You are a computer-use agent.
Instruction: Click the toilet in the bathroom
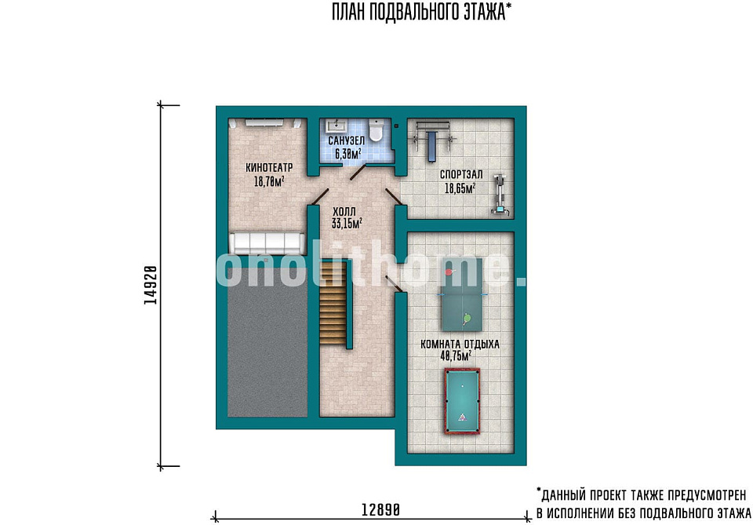pyautogui.click(x=376, y=130)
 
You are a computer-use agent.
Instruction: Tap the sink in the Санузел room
pyautogui.click(x=335, y=126)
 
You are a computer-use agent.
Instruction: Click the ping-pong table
pyautogui.click(x=462, y=294)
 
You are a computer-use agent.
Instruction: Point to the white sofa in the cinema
pyautogui.click(x=267, y=243)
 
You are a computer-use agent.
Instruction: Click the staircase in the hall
pyautogui.click(x=333, y=301)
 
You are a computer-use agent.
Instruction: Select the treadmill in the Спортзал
pyautogui.click(x=500, y=194)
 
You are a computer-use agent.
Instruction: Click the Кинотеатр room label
pyautogui.click(x=269, y=168)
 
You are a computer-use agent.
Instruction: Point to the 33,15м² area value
pyautogui.click(x=347, y=224)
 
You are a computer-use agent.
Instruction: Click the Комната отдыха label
pyautogui.click(x=460, y=345)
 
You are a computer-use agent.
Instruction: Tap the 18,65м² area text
pyautogui.click(x=460, y=188)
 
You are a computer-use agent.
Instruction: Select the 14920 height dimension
pyautogui.click(x=151, y=286)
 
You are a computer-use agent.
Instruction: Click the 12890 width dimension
pyautogui.click(x=380, y=509)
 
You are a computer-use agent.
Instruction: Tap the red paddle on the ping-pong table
pyautogui.click(x=449, y=272)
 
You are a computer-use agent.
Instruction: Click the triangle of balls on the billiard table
pyautogui.click(x=462, y=417)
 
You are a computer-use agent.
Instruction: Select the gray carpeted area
pyautogui.click(x=267, y=342)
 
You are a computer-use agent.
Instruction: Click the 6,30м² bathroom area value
pyautogui.click(x=348, y=154)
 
